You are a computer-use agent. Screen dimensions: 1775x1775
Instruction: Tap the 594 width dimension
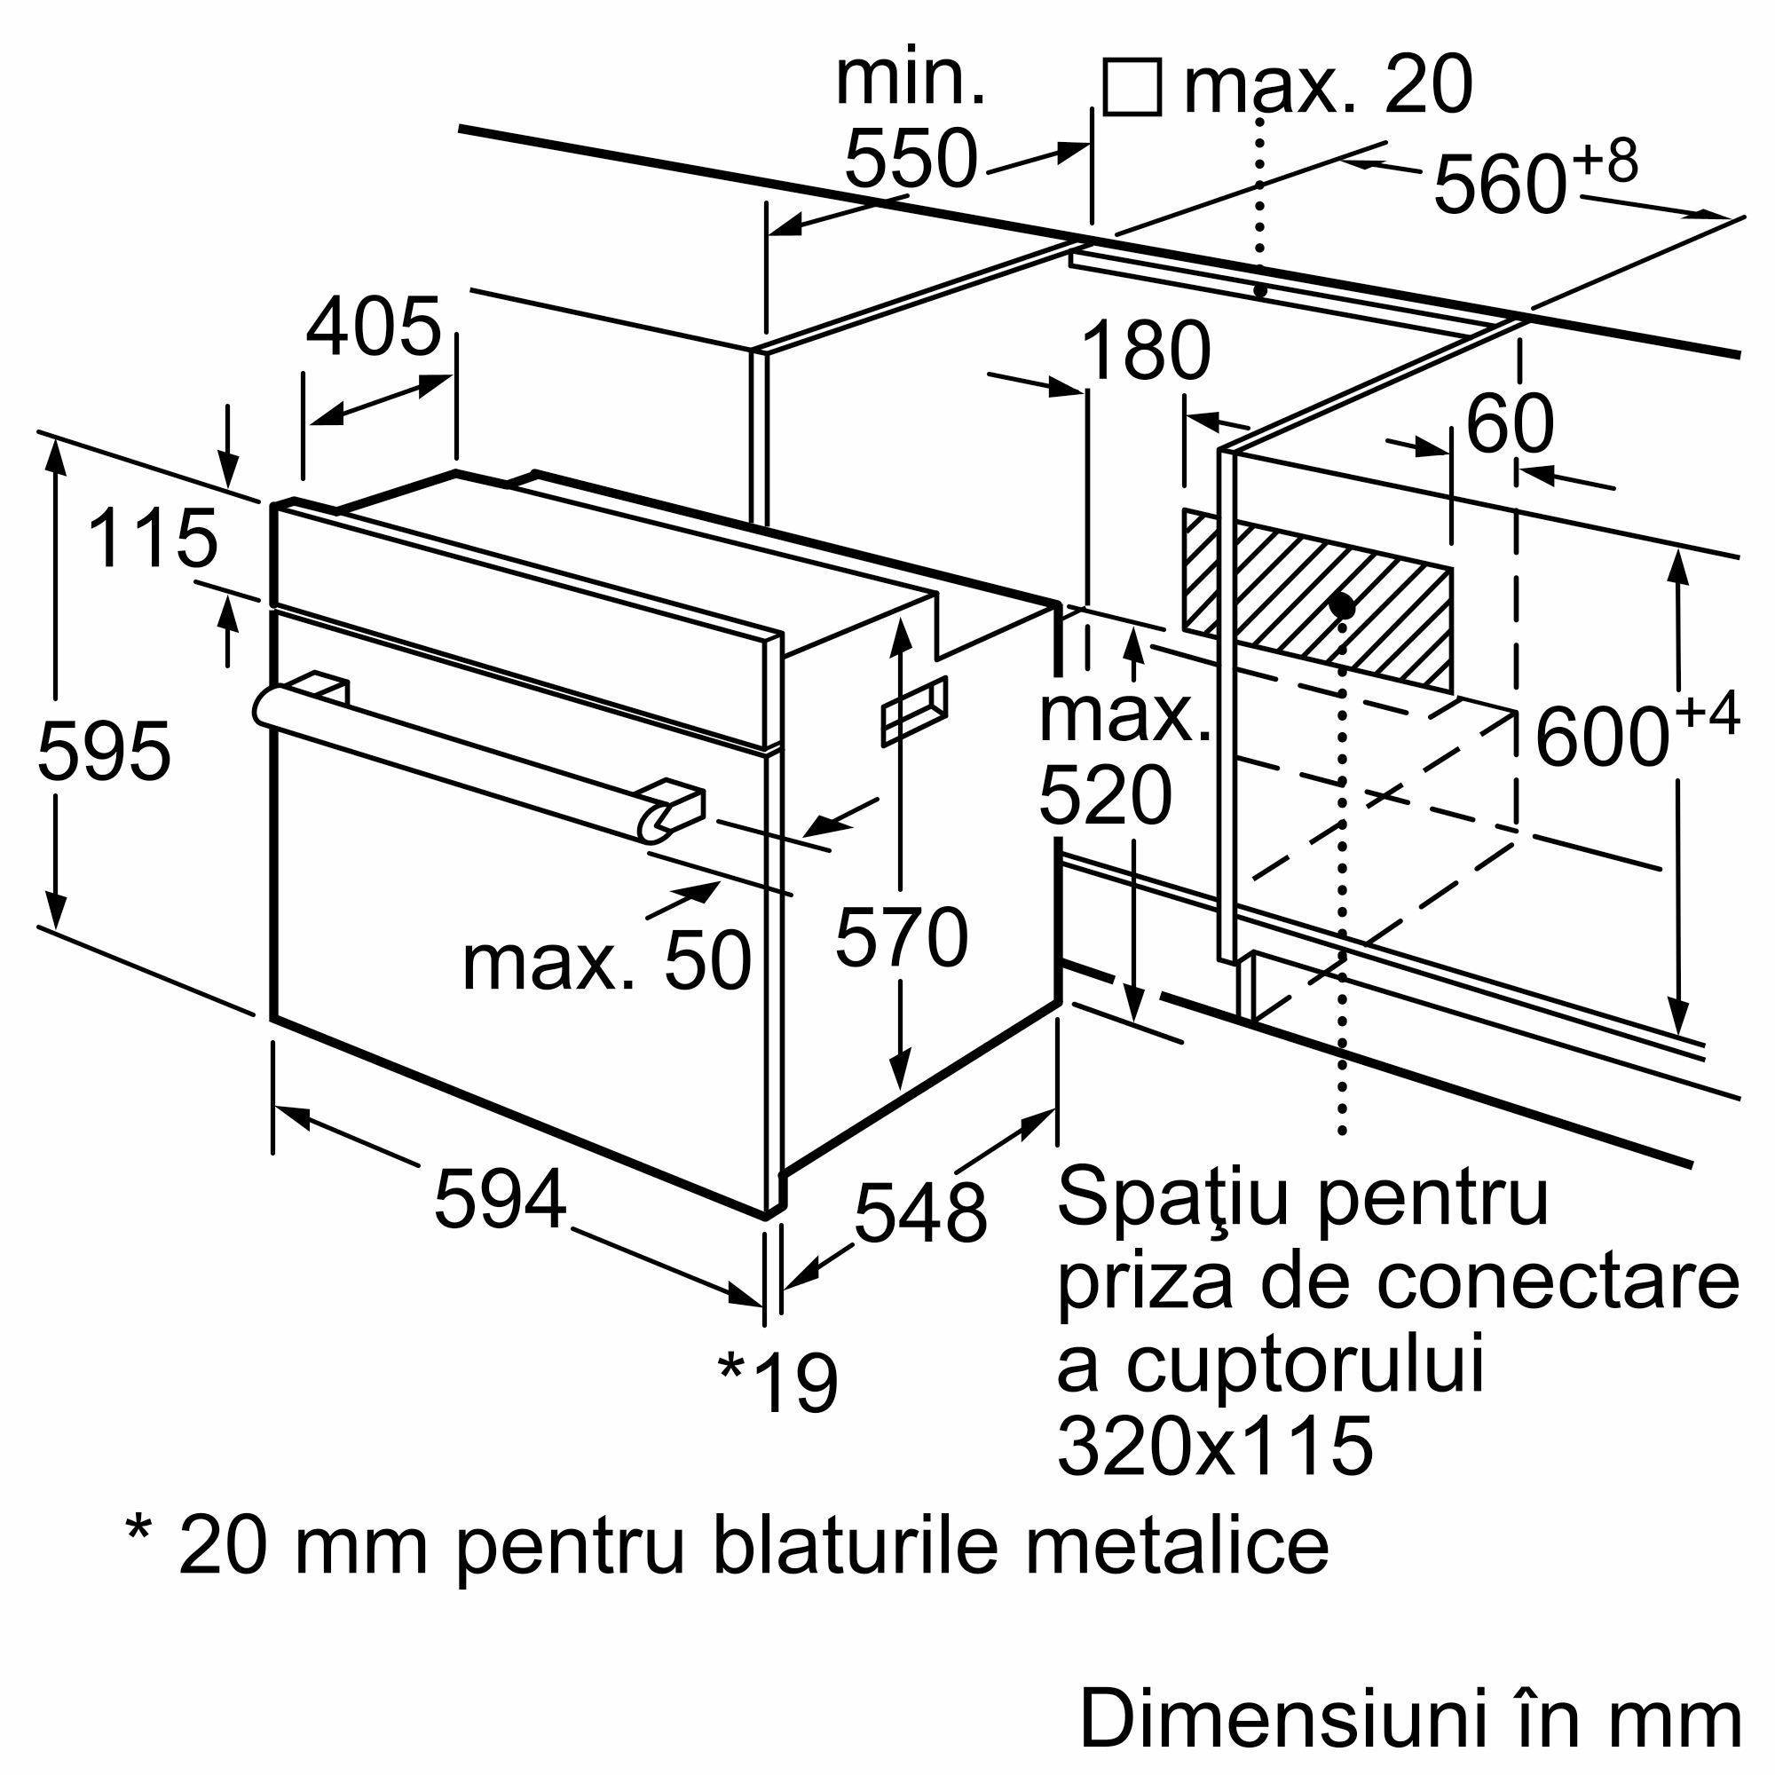[x=500, y=1199]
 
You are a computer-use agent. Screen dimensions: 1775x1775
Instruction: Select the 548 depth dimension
[x=919, y=1211]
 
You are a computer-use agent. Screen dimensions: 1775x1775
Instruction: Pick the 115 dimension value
[x=154, y=539]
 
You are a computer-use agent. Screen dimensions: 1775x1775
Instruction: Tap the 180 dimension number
[x=1146, y=351]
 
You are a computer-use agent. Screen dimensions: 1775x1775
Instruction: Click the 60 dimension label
[x=1510, y=423]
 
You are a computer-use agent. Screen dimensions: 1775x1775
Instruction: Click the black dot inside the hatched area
[x=1342, y=606]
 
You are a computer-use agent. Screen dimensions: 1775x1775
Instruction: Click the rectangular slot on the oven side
[x=915, y=711]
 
